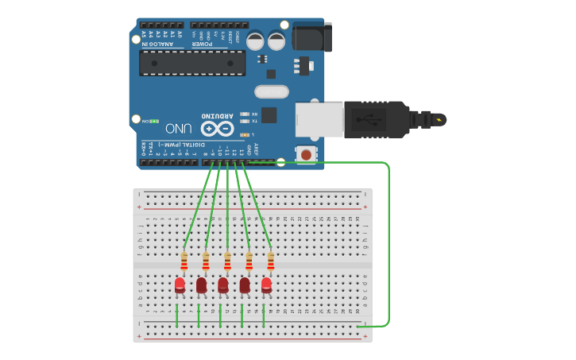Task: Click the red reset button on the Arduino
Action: click(306, 154)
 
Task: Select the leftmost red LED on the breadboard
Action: click(180, 285)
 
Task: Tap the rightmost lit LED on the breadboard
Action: click(266, 285)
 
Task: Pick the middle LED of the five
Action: click(223, 285)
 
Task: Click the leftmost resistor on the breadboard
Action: click(184, 261)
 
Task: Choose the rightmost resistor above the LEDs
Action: click(271, 261)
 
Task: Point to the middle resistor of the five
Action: click(228, 261)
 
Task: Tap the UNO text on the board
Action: click(178, 128)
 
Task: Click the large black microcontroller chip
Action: click(192, 63)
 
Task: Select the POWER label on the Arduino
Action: click(202, 44)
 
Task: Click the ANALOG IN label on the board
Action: click(156, 44)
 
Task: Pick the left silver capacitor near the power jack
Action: click(256, 41)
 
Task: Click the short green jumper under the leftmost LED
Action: click(177, 314)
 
